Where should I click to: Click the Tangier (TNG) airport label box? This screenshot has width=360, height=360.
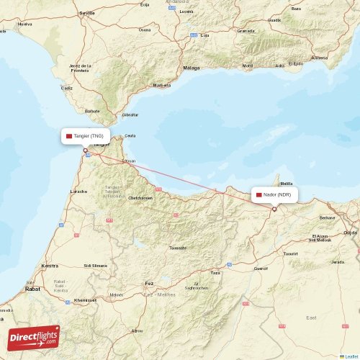coord(86,135)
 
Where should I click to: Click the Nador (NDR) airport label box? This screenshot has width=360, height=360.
coord(274,195)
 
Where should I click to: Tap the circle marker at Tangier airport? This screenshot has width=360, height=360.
coord(86,150)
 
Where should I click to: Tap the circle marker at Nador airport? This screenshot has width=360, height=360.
coord(274,210)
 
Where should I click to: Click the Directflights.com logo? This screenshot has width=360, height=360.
coord(35,337)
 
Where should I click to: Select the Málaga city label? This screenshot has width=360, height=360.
coord(192,68)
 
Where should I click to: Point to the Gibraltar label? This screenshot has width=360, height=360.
coord(130,114)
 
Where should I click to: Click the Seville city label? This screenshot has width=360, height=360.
coord(87,13)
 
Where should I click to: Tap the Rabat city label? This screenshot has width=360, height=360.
coord(33,289)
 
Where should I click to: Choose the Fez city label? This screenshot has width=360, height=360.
coord(149,284)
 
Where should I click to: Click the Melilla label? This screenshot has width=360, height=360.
coord(287,184)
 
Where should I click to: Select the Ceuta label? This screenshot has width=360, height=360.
coord(130,135)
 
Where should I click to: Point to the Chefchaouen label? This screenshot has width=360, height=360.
coord(140,197)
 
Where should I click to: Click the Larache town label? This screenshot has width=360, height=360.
coord(78,192)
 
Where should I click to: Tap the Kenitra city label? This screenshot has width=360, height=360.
coord(51,266)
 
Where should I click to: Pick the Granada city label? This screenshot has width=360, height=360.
coord(246,31)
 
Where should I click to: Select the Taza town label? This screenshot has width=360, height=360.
coord(215,273)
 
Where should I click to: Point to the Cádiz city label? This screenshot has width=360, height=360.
coord(67,88)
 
